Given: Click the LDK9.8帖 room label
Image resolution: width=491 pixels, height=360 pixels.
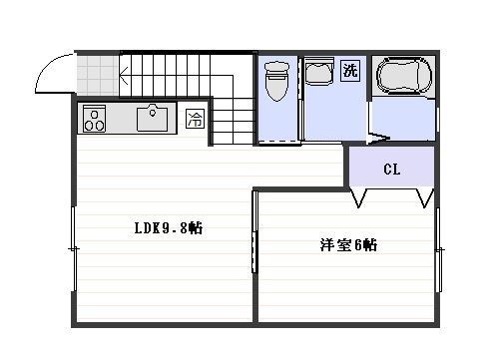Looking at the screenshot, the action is pyautogui.click(x=169, y=228).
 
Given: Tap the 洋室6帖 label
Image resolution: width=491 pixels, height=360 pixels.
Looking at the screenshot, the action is pyautogui.click(x=348, y=245).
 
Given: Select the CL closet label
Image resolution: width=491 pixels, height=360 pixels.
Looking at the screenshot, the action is pyautogui.click(x=391, y=170).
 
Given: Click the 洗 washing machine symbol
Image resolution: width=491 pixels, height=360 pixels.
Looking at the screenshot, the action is pyautogui.click(x=350, y=70).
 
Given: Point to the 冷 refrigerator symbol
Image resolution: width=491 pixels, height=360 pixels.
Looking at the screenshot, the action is pyautogui.click(x=195, y=119).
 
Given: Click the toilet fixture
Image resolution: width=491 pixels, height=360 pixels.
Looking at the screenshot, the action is pyautogui.click(x=276, y=81).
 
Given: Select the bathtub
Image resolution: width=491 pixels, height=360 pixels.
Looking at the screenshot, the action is pyautogui.click(x=403, y=75).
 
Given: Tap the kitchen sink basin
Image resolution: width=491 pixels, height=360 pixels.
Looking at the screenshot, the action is pyautogui.click(x=152, y=118).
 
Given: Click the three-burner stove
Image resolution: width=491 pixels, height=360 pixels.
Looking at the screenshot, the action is pyautogui.click(x=94, y=119).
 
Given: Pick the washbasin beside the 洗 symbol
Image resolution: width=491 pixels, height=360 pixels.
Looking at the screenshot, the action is pyautogui.click(x=319, y=72).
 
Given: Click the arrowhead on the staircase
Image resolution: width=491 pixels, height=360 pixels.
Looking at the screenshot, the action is pyautogui.click(x=123, y=76).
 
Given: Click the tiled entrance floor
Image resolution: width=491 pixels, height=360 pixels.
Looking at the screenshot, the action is pyautogui.click(x=98, y=76).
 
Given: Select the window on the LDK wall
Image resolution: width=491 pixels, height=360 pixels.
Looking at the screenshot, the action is pyautogui.click(x=74, y=249).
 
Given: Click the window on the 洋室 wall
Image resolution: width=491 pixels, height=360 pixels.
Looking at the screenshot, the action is pyautogui.click(x=439, y=250).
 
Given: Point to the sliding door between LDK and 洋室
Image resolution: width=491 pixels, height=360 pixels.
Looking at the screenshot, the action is pyautogui.click(x=255, y=232).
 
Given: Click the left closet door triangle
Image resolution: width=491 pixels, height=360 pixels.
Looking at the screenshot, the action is pyautogui.click(x=358, y=198).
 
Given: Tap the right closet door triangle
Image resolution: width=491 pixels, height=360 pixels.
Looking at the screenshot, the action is pyautogui.click(x=425, y=198).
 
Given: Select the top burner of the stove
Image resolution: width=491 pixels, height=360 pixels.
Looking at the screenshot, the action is pyautogui.click(x=94, y=115).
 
